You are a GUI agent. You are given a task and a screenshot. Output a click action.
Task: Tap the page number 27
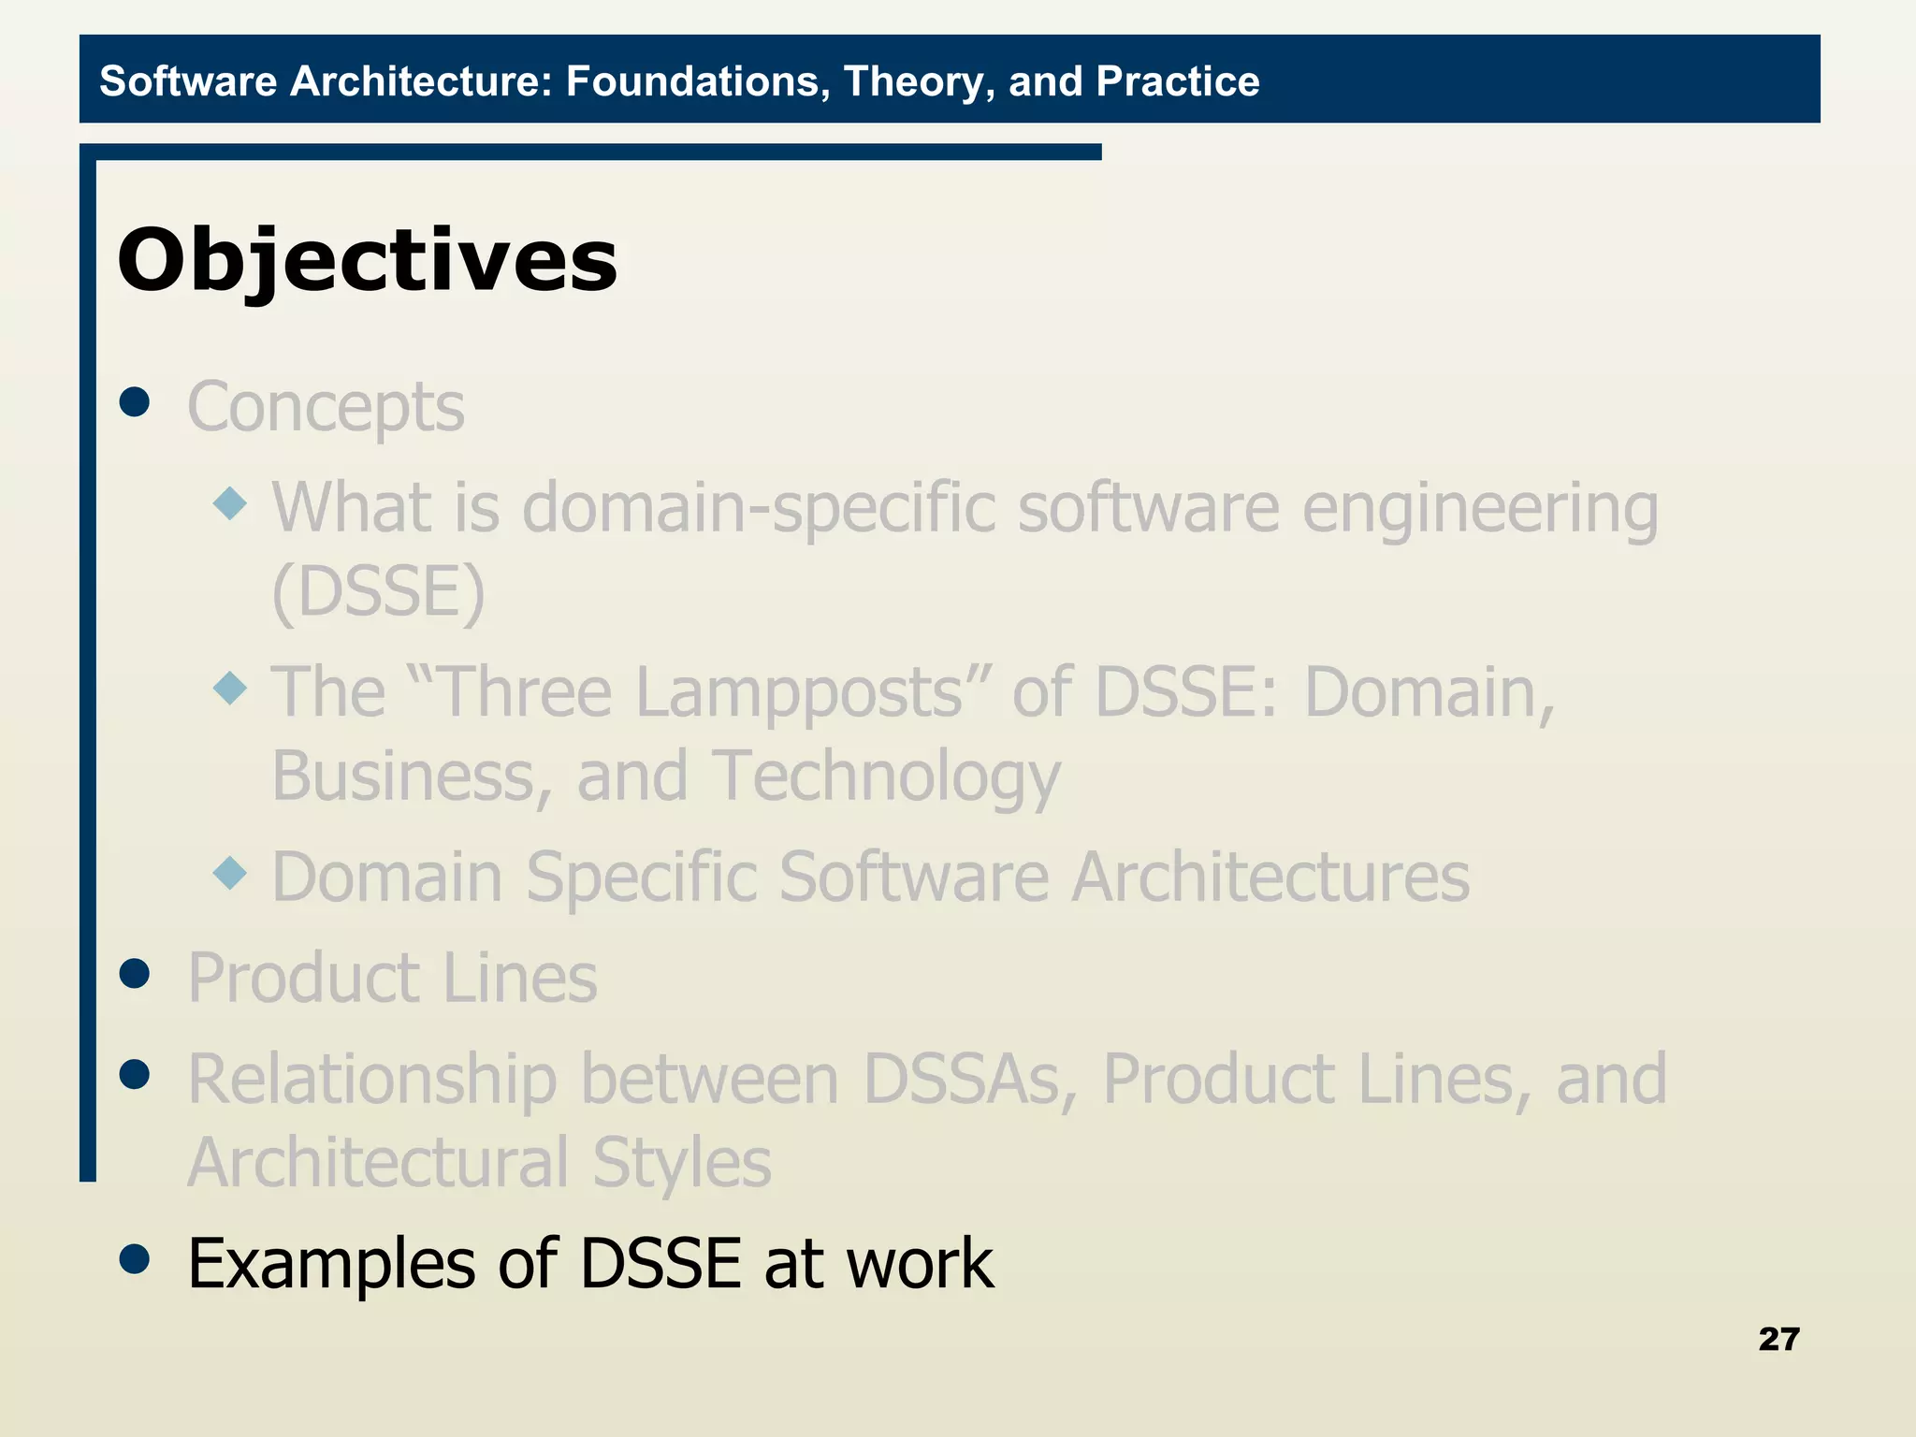[1778, 1339]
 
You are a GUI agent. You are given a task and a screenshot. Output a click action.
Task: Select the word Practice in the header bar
[1177, 81]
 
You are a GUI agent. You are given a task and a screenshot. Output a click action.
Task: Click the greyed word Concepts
[326, 408]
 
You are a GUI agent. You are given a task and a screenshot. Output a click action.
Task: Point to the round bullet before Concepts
[136, 402]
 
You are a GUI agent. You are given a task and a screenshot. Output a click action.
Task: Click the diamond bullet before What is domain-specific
[230, 504]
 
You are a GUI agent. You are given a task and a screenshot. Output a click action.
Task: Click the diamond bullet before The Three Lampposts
[230, 689]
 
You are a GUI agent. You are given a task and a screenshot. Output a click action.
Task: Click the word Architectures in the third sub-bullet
[1270, 878]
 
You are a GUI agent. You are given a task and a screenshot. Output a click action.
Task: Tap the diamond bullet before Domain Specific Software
[230, 874]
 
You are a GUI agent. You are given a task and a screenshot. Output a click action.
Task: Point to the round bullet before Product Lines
[136, 974]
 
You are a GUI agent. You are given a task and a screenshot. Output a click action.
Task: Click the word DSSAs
[970, 1080]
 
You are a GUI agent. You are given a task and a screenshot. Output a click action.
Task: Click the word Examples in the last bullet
[332, 1264]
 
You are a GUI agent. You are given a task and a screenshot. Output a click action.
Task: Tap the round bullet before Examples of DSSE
[136, 1259]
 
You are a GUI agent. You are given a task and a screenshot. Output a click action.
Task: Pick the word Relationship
[372, 1080]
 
